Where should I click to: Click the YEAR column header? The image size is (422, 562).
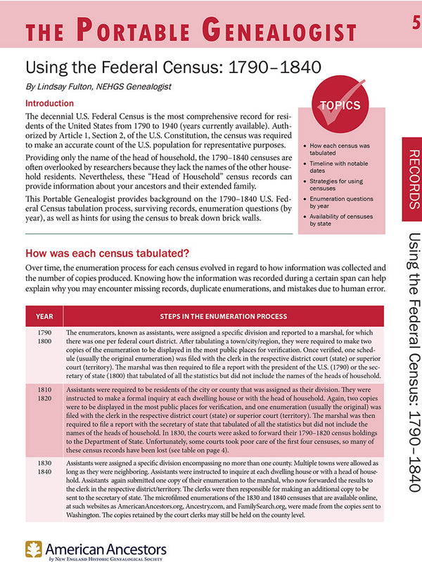44,316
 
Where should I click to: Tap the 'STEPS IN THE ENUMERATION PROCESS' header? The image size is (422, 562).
222,316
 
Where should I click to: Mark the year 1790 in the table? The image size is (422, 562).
44,331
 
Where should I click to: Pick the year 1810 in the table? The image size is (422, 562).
44,388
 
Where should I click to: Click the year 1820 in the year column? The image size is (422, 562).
44,398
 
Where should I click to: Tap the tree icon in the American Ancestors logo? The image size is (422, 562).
33,547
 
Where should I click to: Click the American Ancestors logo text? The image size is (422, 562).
105,548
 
